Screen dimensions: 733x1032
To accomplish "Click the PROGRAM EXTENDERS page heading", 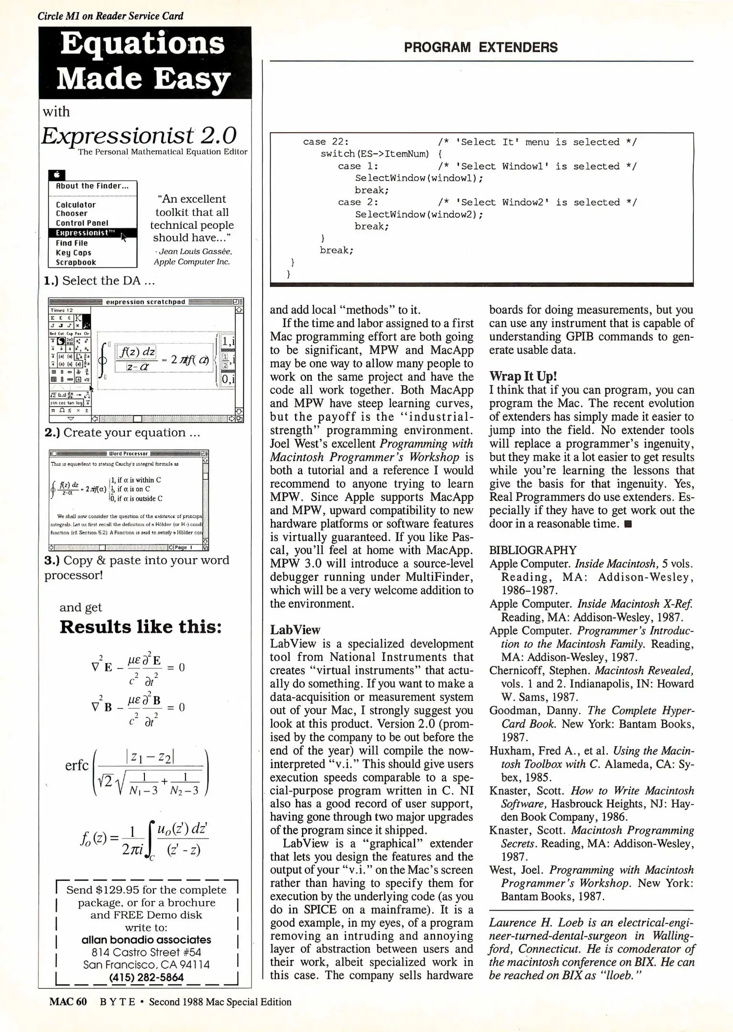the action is [481, 47].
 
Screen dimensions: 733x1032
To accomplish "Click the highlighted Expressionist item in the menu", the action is [85, 233].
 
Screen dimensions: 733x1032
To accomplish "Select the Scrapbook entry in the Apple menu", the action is [76, 262].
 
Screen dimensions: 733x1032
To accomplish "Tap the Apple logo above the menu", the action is [56, 175].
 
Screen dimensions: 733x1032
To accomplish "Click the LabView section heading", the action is [295, 630].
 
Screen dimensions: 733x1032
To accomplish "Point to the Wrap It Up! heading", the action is [523, 376].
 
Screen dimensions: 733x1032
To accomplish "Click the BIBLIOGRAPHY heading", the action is [533, 550].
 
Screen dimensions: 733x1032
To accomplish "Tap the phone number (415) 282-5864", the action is [146, 978].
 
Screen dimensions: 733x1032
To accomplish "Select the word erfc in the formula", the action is [77, 766].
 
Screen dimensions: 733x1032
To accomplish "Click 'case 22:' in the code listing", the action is [326, 142].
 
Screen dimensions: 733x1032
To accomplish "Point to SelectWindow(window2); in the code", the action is [419, 215].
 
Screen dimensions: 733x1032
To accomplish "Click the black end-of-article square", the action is [628, 524].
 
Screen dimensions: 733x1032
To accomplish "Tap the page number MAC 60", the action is [68, 1002].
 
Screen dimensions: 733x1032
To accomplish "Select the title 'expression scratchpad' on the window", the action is [145, 302].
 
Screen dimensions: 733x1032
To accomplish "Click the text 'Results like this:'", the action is [141, 627].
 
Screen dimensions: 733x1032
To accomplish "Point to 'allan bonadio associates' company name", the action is [146, 940].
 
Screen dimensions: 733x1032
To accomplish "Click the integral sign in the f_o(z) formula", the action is [151, 839].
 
